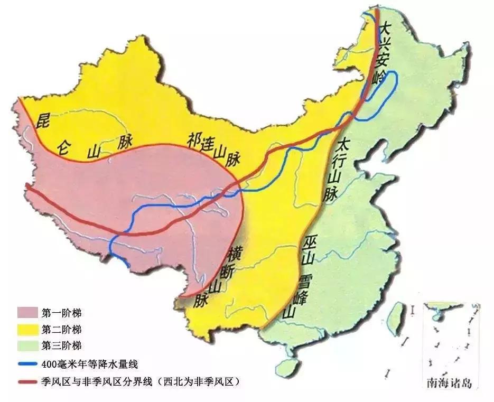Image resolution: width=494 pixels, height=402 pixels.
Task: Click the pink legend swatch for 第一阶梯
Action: click(x=28, y=312)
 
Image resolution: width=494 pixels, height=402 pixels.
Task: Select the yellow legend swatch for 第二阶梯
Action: click(x=28, y=330)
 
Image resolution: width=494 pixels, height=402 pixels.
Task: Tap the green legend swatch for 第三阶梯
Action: click(x=28, y=347)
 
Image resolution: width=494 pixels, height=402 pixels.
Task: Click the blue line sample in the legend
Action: click(x=28, y=364)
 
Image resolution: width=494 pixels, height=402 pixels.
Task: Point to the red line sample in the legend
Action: click(x=28, y=380)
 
